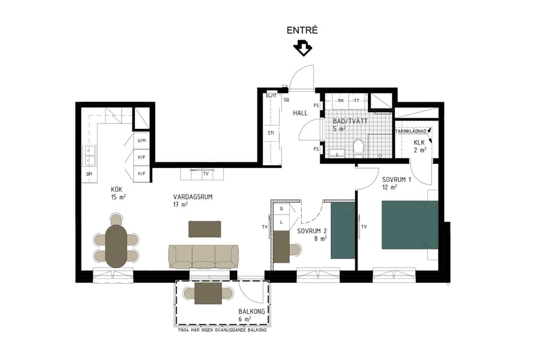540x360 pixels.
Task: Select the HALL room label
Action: (300, 113)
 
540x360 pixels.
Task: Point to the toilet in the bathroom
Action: (359, 146)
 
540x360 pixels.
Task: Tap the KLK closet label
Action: (419, 143)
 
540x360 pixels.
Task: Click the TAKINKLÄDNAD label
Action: (410, 131)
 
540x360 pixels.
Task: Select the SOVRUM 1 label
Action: (397, 179)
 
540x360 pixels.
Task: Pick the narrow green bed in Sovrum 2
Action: (343, 230)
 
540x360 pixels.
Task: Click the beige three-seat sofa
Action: (203, 256)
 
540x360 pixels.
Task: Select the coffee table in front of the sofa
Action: (205, 229)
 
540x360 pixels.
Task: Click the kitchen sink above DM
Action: (89, 156)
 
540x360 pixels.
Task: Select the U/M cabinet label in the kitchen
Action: (142, 140)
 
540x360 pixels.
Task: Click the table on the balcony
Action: (208, 293)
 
